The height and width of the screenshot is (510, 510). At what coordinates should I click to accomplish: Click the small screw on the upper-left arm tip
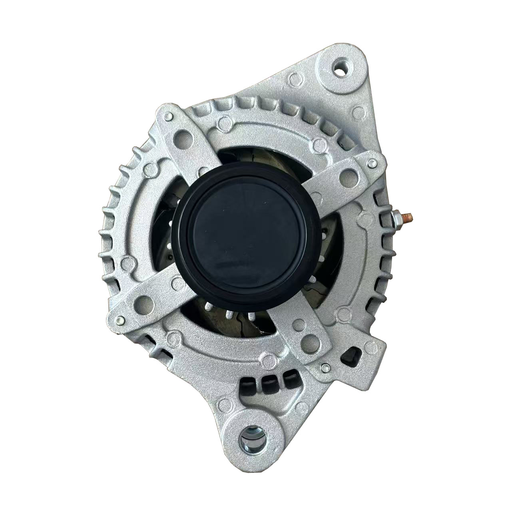168,116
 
